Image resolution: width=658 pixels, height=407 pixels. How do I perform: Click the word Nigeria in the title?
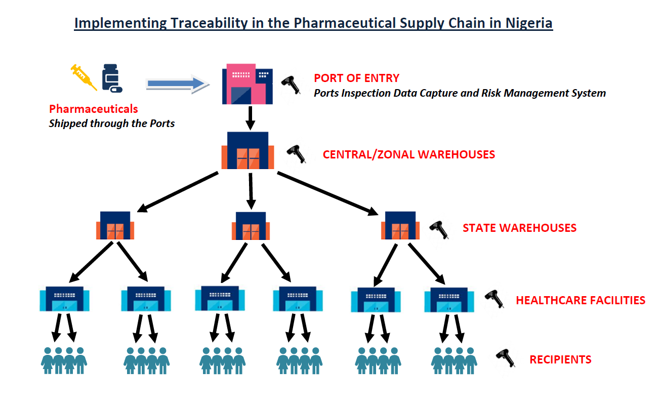529,23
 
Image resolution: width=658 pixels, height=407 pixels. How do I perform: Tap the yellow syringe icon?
84,77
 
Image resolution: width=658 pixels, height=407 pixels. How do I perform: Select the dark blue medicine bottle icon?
112,78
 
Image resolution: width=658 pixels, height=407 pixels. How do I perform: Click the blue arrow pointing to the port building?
178,84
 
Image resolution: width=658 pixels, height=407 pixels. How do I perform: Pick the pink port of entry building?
248,84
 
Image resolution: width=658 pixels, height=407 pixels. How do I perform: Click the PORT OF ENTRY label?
357,78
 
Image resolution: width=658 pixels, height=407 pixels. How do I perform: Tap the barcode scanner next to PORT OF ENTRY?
291,85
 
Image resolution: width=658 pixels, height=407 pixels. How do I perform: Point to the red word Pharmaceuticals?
94,109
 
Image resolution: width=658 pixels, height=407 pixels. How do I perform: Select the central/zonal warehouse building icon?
248,150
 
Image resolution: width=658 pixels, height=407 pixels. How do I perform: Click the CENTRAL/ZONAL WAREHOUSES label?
408,154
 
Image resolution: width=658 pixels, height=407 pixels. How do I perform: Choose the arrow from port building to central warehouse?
250,118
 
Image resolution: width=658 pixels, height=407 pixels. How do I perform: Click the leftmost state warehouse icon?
115,225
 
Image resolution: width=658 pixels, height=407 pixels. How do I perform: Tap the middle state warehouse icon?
251,226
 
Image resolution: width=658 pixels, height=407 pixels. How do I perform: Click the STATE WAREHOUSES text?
519,228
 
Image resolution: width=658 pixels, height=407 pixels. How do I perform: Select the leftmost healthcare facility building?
65,299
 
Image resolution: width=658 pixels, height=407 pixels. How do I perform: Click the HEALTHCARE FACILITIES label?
581,300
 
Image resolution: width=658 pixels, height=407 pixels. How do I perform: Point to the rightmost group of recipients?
454,360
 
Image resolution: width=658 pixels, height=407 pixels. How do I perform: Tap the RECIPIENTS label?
560,360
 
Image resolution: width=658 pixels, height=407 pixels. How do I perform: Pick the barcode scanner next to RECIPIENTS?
506,358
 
